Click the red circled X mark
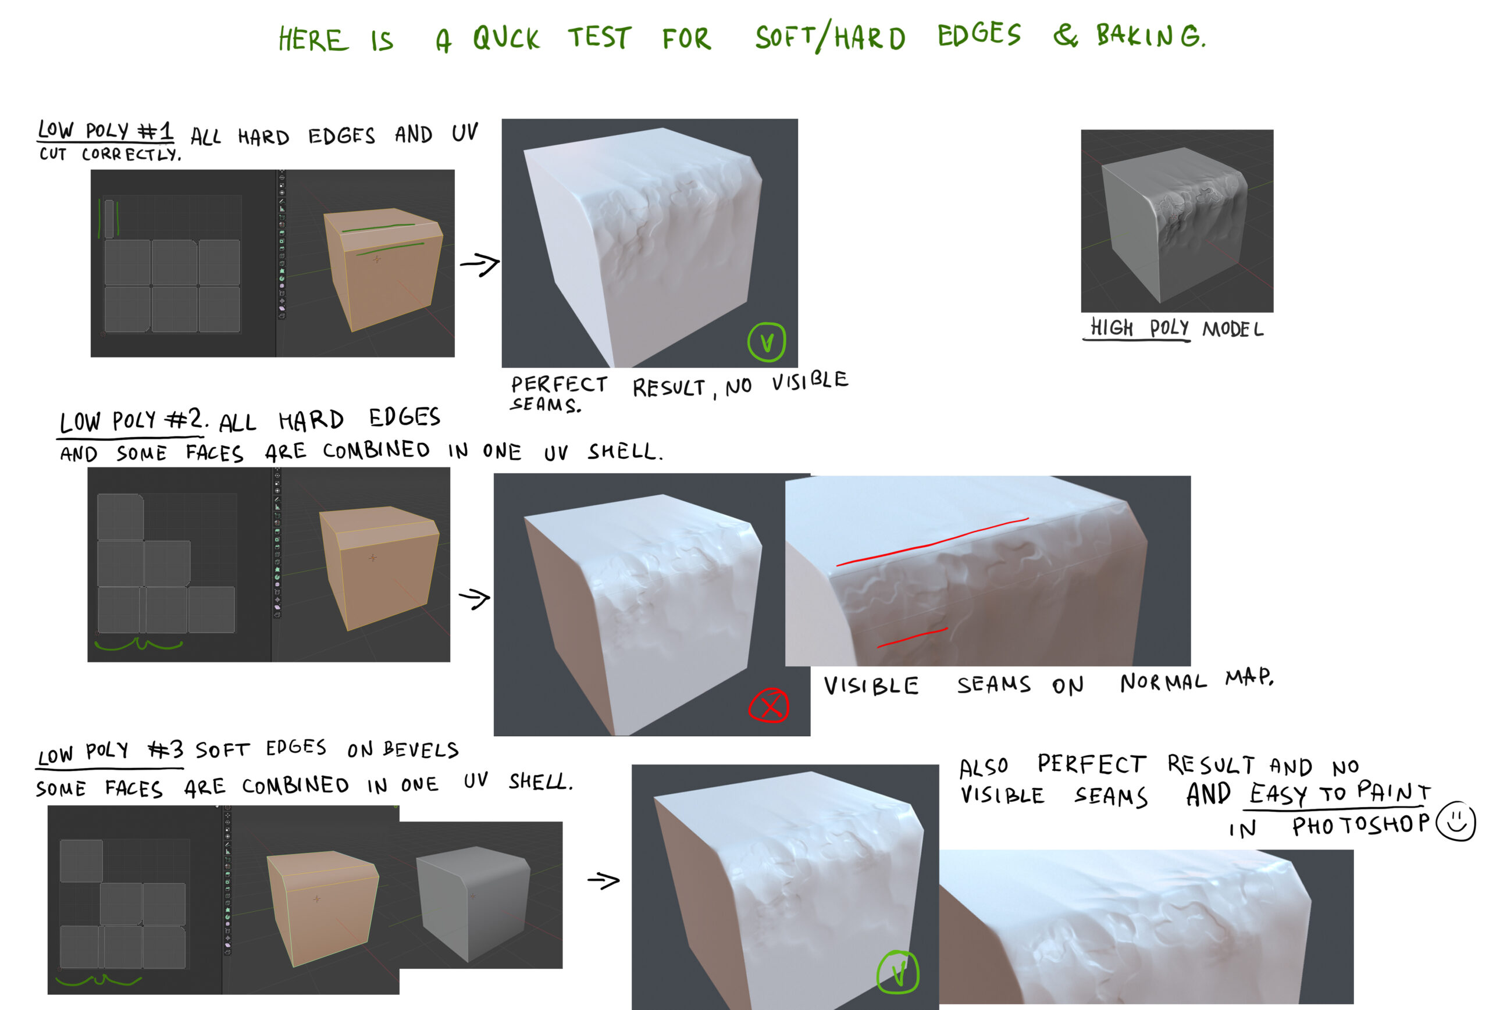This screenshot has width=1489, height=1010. (769, 706)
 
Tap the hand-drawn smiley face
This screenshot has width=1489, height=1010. (1456, 821)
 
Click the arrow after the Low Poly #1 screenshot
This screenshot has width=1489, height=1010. (480, 264)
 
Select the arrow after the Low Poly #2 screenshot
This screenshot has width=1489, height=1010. (475, 599)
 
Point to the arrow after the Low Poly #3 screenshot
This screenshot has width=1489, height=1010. (604, 881)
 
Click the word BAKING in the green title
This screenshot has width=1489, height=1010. (1150, 35)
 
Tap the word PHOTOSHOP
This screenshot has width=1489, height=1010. (1360, 826)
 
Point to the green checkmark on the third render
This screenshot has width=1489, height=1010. (897, 972)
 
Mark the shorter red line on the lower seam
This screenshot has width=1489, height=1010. (912, 637)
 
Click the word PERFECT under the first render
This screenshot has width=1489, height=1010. (560, 384)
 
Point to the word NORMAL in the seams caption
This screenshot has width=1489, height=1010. (1163, 683)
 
